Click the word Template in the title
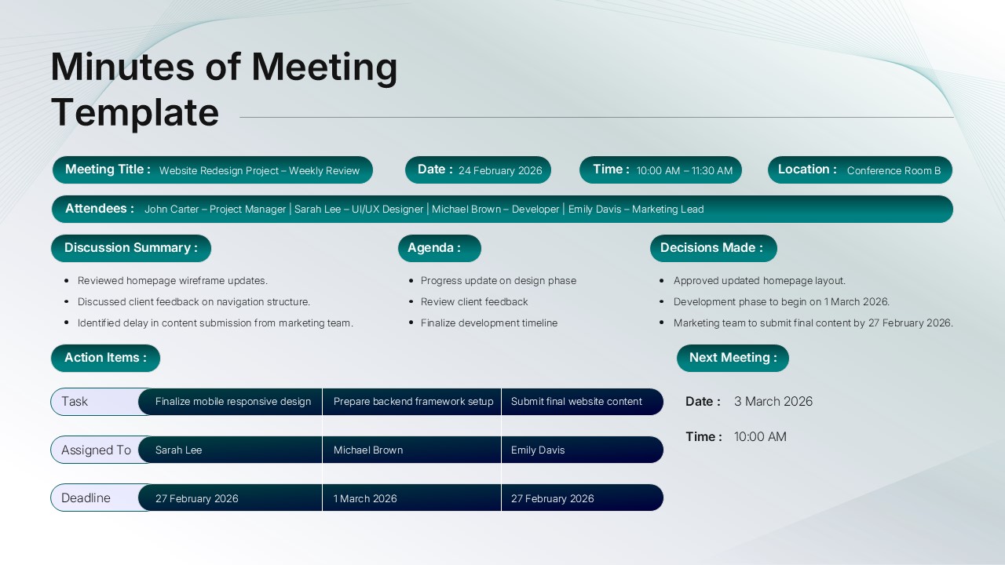point(135,111)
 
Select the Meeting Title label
point(108,169)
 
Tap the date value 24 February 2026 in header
point(500,170)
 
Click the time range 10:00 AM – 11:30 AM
point(684,170)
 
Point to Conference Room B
point(894,170)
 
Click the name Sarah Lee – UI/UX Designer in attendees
point(358,210)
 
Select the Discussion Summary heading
point(131,248)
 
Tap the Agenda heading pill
point(439,248)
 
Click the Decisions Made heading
point(713,248)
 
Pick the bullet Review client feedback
point(474,302)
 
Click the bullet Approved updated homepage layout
point(759,281)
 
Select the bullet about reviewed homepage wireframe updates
point(173,281)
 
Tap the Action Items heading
point(105,358)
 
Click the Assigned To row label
point(96,450)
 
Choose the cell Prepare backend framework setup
point(413,402)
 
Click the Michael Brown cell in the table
point(368,450)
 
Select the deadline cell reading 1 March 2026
point(365,499)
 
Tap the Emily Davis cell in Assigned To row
point(538,450)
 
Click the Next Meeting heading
point(733,358)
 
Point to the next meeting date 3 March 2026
point(773,402)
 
